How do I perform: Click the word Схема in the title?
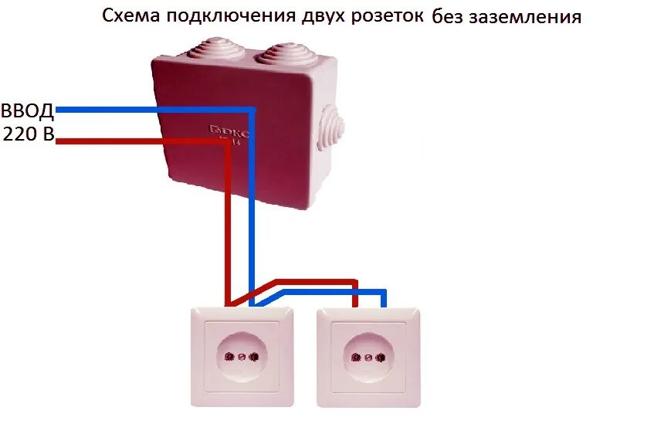(x=128, y=16)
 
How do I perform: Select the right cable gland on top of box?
(x=284, y=53)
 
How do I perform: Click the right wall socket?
(x=368, y=357)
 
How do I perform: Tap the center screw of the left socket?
(x=241, y=358)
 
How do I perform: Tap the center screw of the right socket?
(x=368, y=358)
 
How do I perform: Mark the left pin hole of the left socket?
(x=229, y=358)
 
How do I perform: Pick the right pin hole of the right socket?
(x=381, y=358)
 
